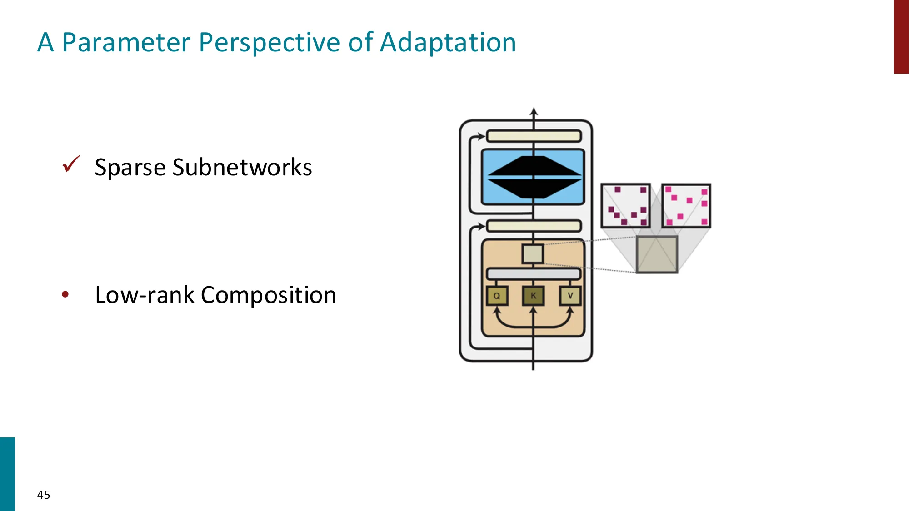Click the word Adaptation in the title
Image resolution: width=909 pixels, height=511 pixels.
448,43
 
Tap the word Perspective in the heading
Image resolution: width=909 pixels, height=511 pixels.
270,43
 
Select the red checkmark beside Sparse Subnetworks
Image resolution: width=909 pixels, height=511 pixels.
71,164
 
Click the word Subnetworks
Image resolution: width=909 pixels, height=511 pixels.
242,167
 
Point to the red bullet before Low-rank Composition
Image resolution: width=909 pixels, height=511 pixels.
65,295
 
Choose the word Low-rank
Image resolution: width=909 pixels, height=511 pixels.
145,295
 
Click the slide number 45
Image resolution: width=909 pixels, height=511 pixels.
44,495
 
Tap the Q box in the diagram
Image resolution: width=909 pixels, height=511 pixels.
497,296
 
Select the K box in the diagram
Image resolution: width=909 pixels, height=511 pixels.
533,296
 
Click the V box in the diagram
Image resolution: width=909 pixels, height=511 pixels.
570,296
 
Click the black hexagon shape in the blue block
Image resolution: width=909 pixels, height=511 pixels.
534,177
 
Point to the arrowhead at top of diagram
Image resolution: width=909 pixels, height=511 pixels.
534,111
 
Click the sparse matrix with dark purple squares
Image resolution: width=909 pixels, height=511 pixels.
625,206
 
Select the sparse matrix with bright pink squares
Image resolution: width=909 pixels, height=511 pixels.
686,206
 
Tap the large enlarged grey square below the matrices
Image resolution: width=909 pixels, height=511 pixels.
657,254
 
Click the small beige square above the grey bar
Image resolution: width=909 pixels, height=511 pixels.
533,254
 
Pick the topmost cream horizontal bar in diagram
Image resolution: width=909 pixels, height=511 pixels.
534,136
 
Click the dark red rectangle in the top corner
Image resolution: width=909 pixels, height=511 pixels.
901,36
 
